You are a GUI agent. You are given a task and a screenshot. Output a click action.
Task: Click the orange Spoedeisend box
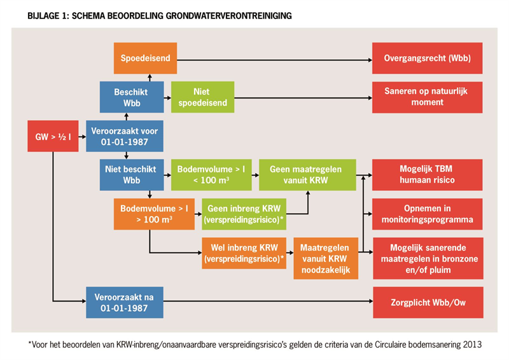click(x=145, y=58)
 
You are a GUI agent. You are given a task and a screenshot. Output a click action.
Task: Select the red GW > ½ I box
click(x=53, y=136)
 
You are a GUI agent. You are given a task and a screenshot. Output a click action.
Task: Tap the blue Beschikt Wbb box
click(x=132, y=97)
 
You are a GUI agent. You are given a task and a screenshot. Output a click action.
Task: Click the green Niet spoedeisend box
click(x=202, y=97)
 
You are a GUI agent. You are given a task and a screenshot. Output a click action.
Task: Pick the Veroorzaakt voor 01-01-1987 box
click(x=125, y=136)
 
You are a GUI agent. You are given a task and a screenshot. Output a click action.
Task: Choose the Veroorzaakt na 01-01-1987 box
click(x=125, y=302)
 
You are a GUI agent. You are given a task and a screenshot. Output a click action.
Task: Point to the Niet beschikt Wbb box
click(x=132, y=175)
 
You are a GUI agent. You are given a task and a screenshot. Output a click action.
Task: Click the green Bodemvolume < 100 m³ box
click(x=211, y=175)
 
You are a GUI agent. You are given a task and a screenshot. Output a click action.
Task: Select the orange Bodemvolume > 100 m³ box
click(x=154, y=214)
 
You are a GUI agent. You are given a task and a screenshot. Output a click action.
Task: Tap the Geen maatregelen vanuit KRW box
click(x=307, y=175)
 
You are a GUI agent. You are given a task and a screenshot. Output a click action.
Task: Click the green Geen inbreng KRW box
click(x=244, y=214)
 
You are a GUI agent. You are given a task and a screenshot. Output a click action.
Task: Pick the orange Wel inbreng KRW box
click(x=244, y=253)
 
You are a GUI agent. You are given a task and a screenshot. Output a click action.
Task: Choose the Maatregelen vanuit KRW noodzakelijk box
click(x=326, y=258)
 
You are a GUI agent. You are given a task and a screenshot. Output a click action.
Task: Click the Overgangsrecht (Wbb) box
click(x=427, y=58)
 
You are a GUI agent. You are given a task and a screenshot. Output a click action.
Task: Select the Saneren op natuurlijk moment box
click(x=427, y=97)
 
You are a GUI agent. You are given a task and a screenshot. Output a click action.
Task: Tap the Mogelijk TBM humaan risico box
click(x=427, y=175)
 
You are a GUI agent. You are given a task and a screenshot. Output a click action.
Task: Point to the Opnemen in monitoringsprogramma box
click(x=427, y=214)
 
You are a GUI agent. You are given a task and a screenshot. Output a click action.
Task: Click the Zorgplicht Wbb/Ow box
click(x=428, y=302)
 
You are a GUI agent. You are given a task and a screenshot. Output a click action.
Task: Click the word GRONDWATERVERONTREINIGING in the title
click(x=228, y=15)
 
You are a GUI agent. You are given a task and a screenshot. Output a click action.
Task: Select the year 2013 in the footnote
click(x=472, y=345)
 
